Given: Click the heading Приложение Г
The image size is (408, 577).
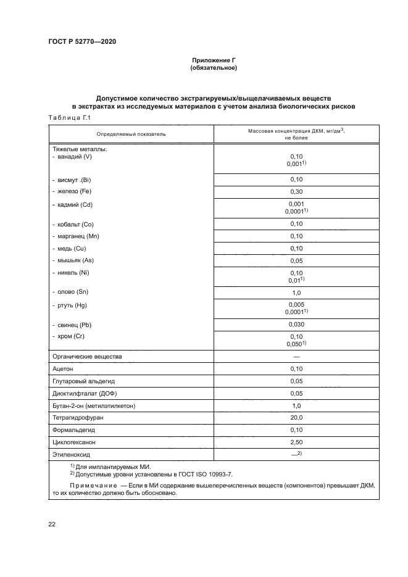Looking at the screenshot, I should tap(214, 60).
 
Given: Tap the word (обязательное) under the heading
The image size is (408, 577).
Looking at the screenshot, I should tap(214, 67).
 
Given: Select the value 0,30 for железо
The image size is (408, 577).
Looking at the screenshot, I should tap(296, 192).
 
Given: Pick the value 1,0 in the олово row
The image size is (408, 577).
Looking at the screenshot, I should tap(296, 293).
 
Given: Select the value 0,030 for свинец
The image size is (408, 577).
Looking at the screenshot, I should tap(296, 325).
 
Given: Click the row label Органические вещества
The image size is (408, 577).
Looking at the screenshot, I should tap(87, 357).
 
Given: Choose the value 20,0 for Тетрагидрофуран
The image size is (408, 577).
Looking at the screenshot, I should tap(296, 418).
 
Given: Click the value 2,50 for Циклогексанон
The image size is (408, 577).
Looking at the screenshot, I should tap(296, 442).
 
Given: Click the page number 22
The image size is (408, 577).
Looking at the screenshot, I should tap(52, 525).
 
